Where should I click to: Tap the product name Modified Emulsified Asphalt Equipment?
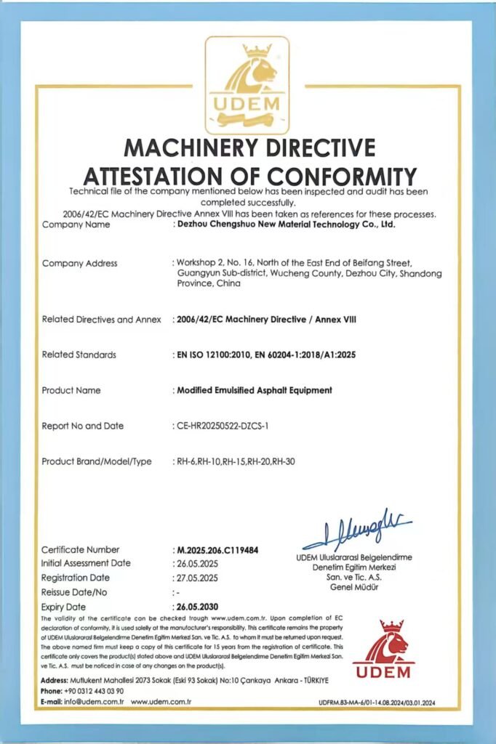tap(255, 390)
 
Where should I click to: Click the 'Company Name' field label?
tap(76, 225)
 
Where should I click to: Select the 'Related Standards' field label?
tap(79, 355)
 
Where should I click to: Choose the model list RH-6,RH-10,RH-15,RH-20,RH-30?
tap(234, 461)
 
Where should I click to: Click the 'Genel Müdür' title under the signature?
tap(354, 586)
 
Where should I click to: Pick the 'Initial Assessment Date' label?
tap(86, 563)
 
